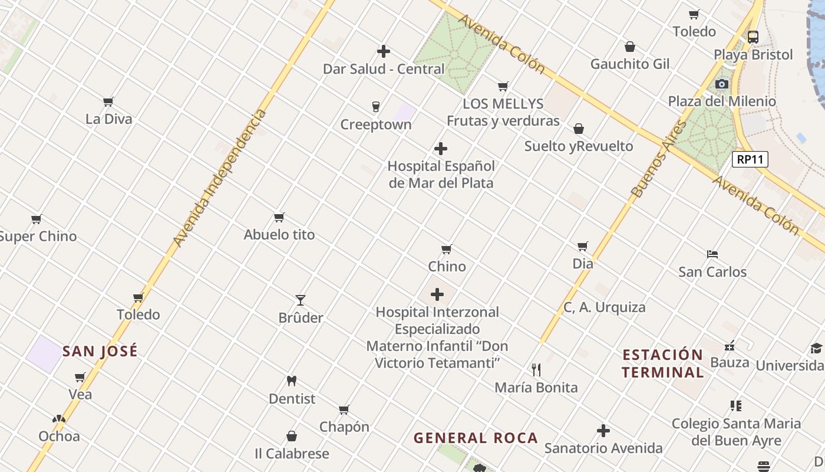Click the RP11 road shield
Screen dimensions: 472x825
[750, 159]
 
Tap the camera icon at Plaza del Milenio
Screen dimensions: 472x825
[721, 84]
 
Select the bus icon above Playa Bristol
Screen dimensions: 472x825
[753, 37]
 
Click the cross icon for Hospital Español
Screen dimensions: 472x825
[440, 149]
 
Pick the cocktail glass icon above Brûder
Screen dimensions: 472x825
[301, 300]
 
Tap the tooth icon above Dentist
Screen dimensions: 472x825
[291, 381]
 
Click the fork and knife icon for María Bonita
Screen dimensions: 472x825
[536, 370]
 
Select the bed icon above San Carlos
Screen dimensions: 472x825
[712, 255]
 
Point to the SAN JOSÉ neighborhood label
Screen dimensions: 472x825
[100, 351]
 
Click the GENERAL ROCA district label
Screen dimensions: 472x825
[476, 438]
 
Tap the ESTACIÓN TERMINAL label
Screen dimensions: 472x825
[663, 363]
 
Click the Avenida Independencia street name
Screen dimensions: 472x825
[220, 178]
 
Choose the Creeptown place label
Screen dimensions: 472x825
[376, 125]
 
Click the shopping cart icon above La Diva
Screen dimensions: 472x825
[108, 102]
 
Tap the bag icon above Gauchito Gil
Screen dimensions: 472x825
[630, 47]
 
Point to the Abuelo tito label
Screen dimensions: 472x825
[279, 235]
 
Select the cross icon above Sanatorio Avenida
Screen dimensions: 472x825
[603, 431]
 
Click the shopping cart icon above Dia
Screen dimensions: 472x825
[583, 246]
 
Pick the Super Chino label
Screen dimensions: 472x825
[38, 237]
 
